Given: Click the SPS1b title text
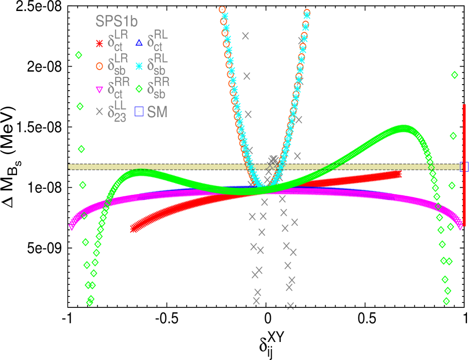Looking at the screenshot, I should point(117,22).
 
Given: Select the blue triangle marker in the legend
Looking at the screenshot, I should point(139,43).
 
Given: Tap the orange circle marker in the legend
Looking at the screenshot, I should point(99,66).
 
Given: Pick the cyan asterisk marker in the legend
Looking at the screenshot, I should point(139,66).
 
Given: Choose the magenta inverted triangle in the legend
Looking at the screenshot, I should point(99,90).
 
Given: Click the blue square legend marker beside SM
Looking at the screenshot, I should point(139,112).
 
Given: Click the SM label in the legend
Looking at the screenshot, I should point(157,112).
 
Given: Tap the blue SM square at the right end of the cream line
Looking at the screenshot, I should point(463,167).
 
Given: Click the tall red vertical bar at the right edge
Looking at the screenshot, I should point(464,165).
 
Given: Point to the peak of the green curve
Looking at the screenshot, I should point(403,129).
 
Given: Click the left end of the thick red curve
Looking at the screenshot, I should point(134,228).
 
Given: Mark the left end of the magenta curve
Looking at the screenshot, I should point(72,226).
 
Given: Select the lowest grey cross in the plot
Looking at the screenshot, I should point(290,305).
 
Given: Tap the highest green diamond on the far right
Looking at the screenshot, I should point(454,75).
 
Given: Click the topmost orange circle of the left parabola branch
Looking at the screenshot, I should point(222,10).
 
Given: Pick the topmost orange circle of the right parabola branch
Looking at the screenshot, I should point(307,13).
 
